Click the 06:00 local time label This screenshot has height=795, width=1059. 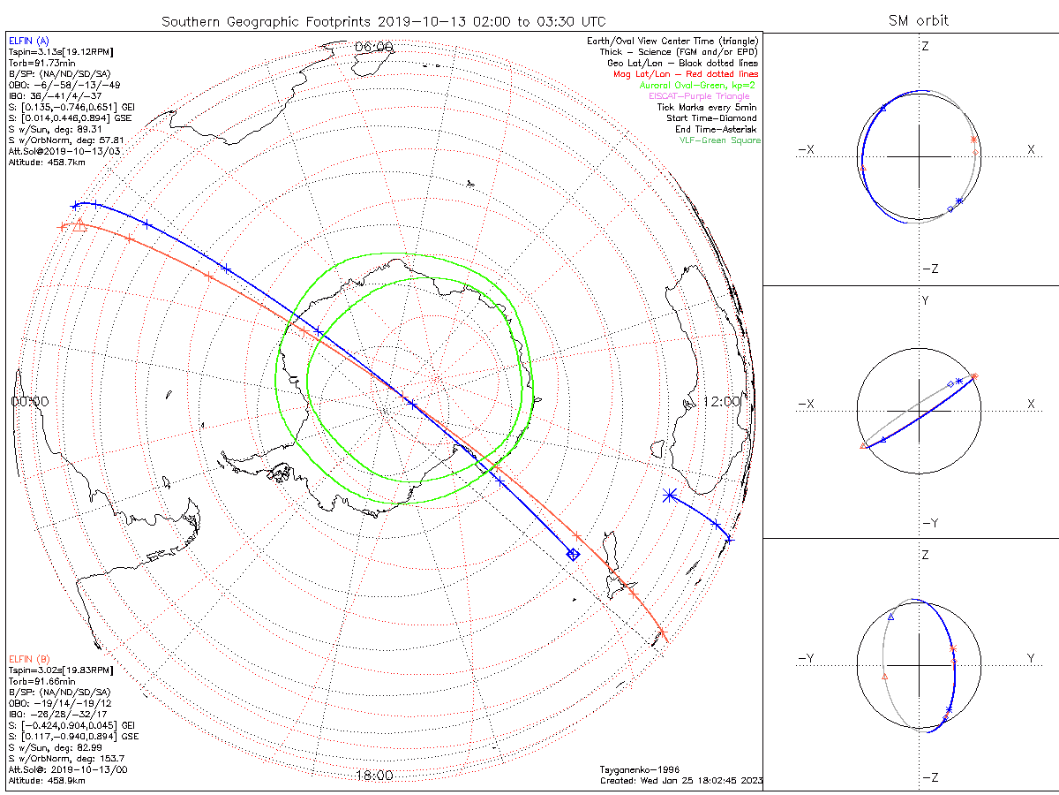click(x=372, y=47)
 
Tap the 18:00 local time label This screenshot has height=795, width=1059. click(x=373, y=776)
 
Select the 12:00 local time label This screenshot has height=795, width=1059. click(x=722, y=401)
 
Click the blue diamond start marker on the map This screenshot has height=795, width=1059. click(x=573, y=555)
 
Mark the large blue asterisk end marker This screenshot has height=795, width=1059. click(x=670, y=496)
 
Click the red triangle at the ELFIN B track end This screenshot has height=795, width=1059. click(x=79, y=224)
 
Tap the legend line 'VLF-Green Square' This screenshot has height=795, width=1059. click(x=719, y=140)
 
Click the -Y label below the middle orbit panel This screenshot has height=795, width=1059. click(x=929, y=523)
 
